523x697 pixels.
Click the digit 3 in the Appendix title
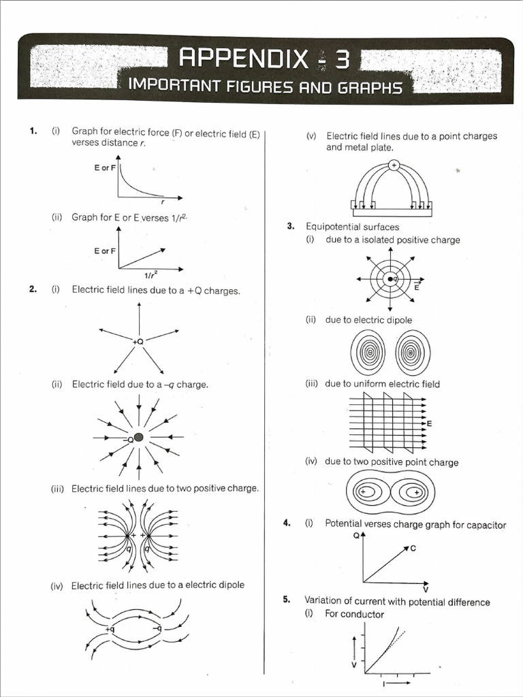point(342,60)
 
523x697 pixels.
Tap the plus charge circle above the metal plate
point(393,165)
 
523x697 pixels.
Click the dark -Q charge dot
point(139,438)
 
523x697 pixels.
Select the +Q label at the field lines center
point(139,341)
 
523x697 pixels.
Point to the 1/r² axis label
point(150,275)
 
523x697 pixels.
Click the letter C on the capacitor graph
point(413,549)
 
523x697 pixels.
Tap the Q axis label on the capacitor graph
point(356,536)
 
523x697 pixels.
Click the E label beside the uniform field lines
point(429,424)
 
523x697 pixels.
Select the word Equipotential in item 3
point(334,227)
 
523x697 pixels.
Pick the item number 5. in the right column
point(287,600)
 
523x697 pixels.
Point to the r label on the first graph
point(163,201)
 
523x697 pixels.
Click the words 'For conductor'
point(354,614)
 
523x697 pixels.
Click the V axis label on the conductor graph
point(353,664)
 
